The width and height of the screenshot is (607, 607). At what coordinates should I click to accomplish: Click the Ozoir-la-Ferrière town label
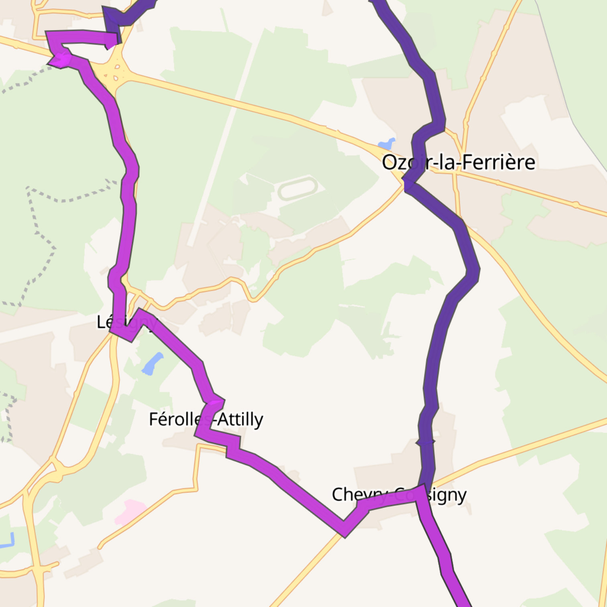click(458, 163)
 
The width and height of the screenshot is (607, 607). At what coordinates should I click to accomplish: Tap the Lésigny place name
click(126, 322)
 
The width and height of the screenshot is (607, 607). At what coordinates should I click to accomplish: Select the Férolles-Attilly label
click(206, 420)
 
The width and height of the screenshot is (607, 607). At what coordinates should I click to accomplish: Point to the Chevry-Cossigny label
click(399, 495)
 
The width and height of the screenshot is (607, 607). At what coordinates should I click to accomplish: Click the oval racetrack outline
click(297, 188)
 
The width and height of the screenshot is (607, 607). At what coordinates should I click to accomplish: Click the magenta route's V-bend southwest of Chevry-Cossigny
click(344, 530)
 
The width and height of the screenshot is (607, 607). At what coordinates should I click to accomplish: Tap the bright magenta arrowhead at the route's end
click(59, 60)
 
